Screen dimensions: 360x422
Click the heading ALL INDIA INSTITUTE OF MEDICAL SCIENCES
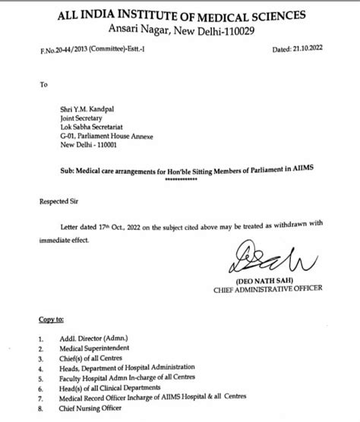pyautogui.click(x=180, y=14)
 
